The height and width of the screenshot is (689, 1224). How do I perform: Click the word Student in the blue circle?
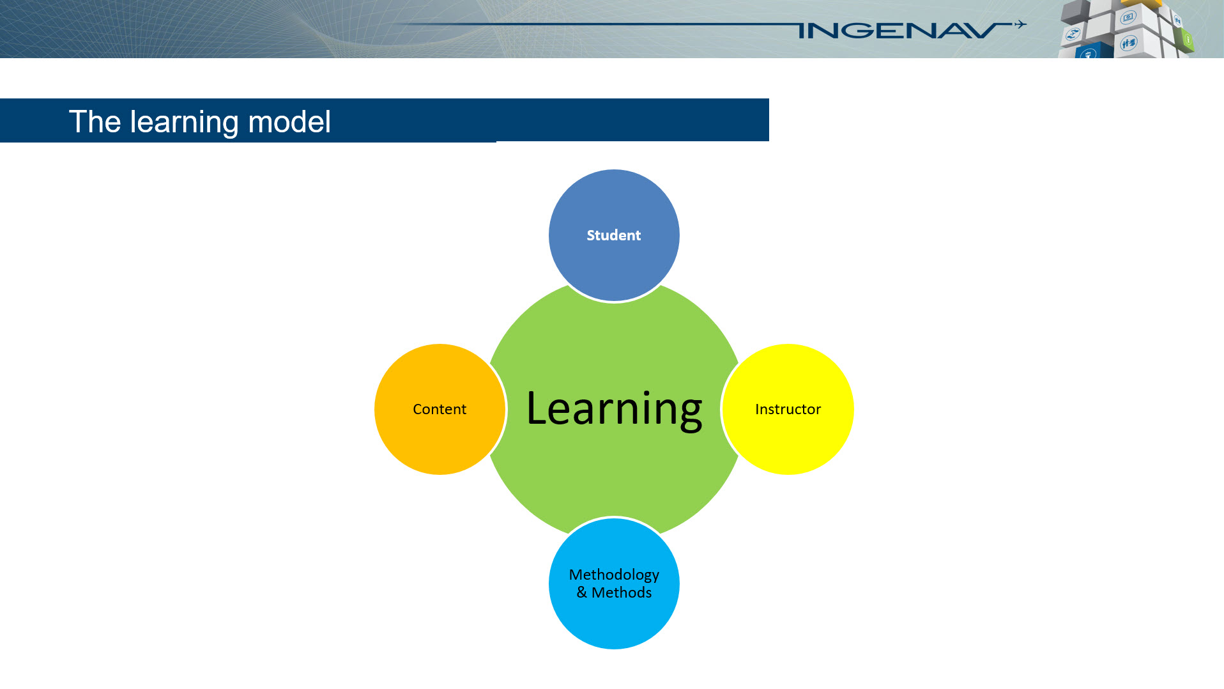[613, 235]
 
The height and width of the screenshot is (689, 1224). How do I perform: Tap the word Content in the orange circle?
[439, 409]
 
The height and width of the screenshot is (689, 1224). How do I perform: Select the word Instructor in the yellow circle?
[788, 409]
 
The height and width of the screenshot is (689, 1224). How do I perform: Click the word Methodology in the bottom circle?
[613, 575]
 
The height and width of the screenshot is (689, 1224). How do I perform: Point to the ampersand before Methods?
[581, 592]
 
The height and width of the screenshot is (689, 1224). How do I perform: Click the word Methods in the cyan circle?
[621, 592]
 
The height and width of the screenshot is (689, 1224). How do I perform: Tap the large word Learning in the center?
[613, 409]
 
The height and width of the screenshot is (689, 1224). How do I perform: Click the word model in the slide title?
[289, 121]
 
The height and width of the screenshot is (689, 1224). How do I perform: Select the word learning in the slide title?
[185, 121]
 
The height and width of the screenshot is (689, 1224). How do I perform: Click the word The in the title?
[95, 121]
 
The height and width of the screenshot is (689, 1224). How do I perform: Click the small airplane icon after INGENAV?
[1020, 25]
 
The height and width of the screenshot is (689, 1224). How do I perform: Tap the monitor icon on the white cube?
[1128, 17]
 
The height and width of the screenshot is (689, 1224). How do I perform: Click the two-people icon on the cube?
[1128, 43]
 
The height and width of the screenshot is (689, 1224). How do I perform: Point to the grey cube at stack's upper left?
[1075, 11]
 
